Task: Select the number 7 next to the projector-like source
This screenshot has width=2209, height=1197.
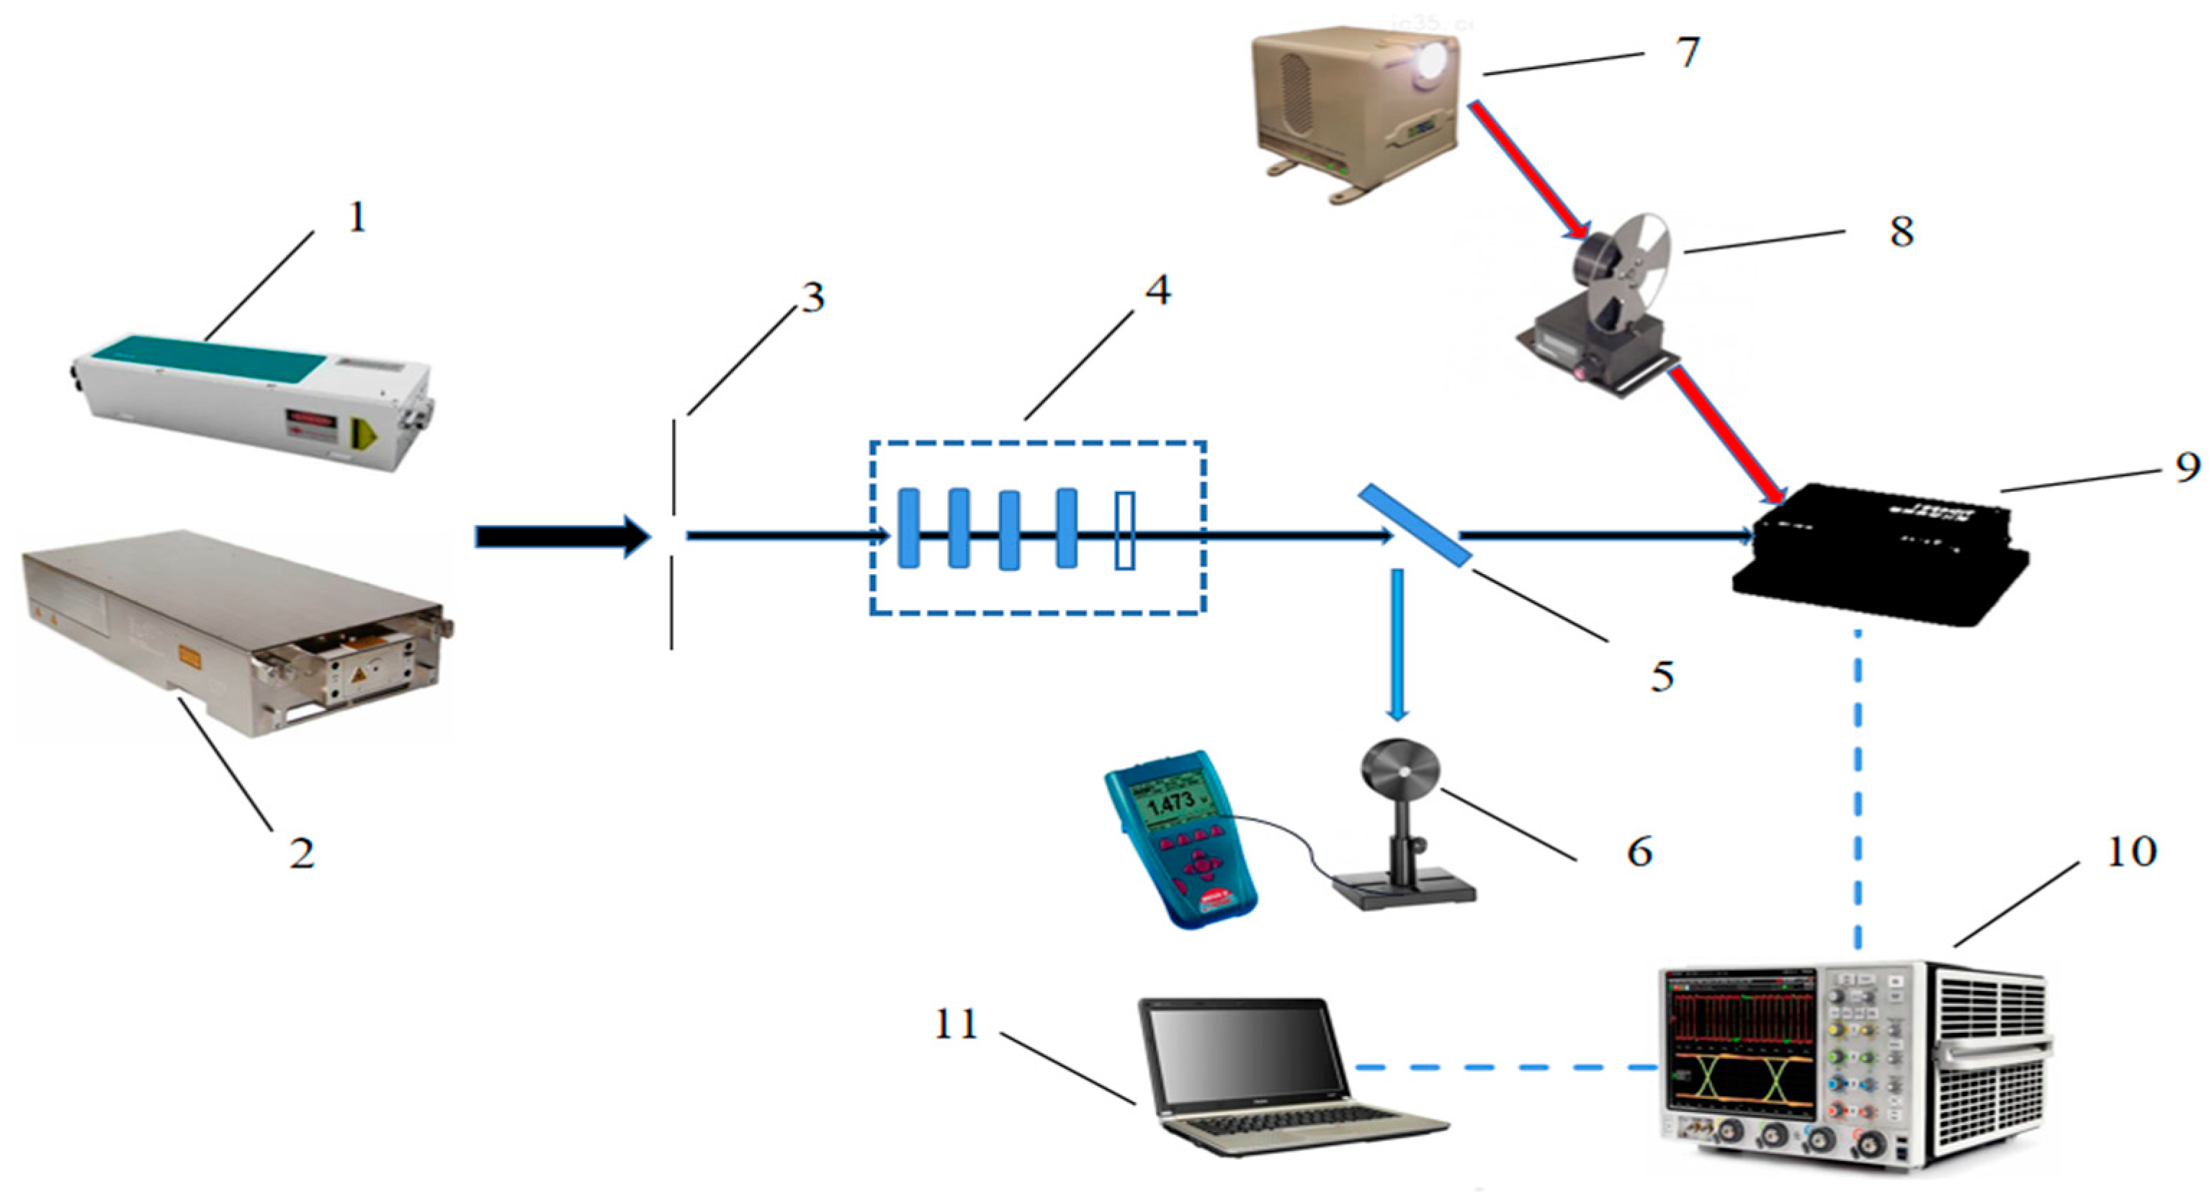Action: (1687, 53)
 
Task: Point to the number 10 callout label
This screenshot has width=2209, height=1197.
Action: (2130, 851)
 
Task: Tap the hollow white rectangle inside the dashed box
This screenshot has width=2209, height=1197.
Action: (1125, 531)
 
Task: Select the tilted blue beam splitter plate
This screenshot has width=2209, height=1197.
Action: (1415, 525)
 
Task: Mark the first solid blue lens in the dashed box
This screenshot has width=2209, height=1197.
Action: (908, 528)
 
